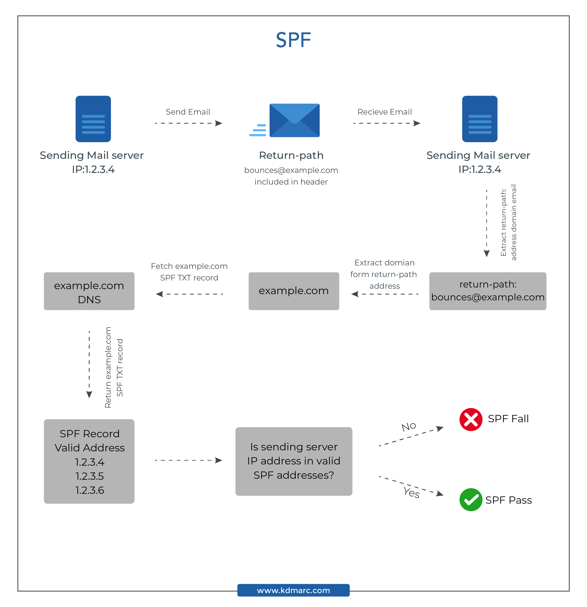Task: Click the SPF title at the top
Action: [293, 40]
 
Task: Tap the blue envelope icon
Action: [294, 120]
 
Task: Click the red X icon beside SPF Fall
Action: [471, 420]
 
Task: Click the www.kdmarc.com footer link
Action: [293, 590]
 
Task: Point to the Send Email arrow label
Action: [188, 112]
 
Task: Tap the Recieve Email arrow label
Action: [385, 112]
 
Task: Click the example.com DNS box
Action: [89, 291]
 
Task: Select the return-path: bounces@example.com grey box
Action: [488, 291]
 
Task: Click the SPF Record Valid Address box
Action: [89, 461]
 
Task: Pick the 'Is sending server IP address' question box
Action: [294, 461]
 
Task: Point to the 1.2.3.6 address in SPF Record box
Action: [90, 490]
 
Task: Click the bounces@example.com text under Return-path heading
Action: [291, 170]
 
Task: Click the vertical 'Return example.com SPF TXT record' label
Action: [114, 367]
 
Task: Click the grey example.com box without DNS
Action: [294, 291]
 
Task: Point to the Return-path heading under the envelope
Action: [291, 155]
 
